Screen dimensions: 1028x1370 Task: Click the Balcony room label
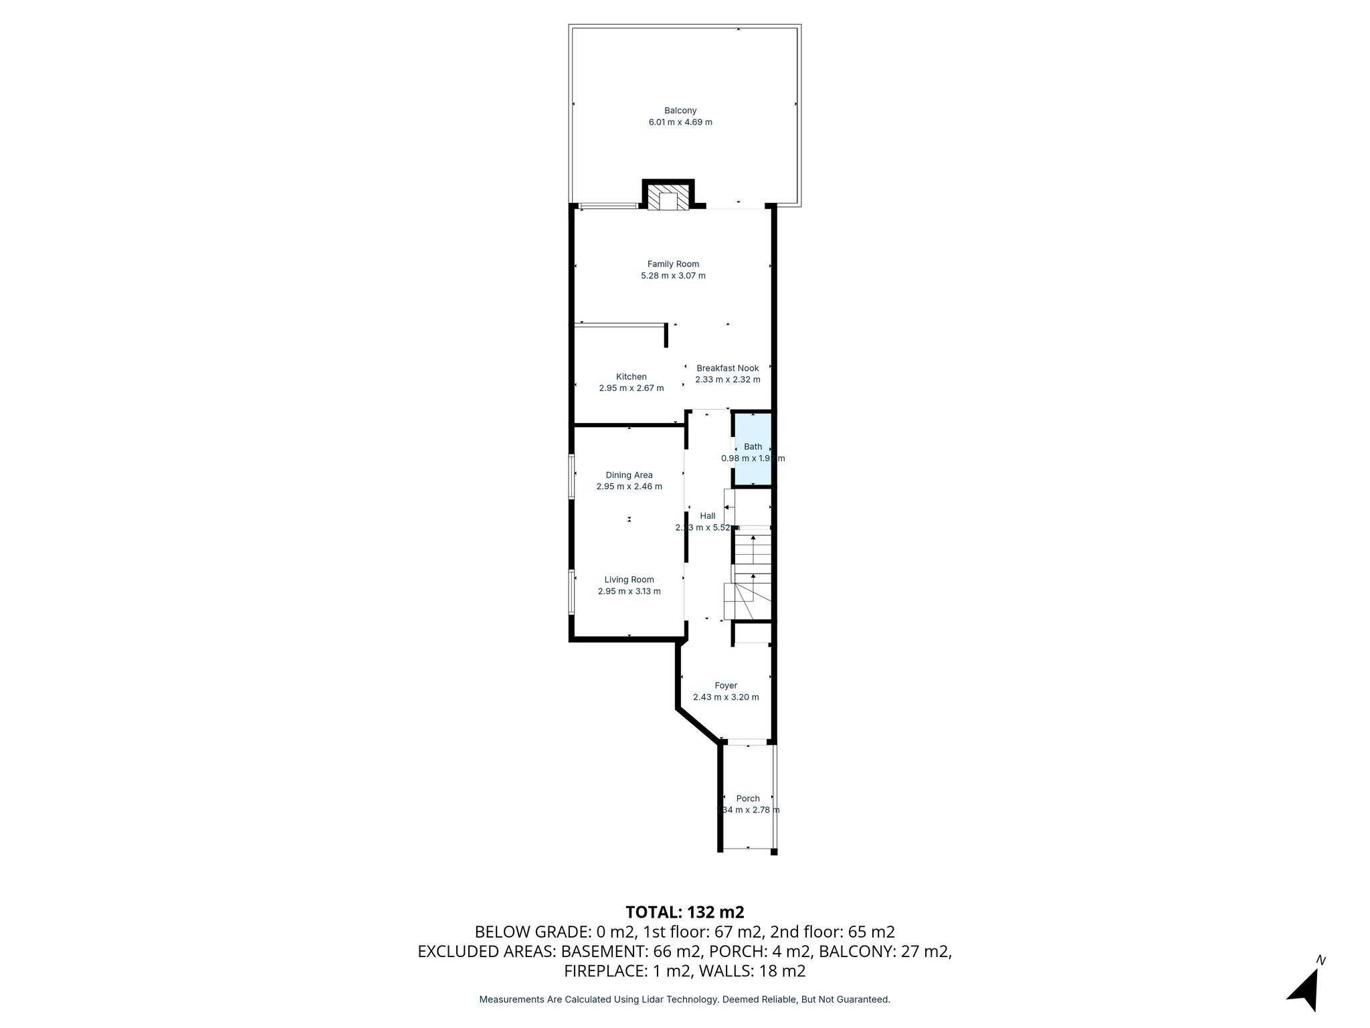[x=680, y=110]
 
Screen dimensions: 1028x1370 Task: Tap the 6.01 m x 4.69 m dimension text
[x=680, y=122]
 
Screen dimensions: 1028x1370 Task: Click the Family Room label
[x=673, y=264]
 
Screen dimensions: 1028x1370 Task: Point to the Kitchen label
[x=631, y=377]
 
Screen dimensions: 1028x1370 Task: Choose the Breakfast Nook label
[x=728, y=368]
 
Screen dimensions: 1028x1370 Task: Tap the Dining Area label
[x=629, y=475]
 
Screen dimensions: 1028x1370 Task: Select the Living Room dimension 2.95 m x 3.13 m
[x=629, y=592]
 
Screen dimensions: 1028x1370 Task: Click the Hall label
[x=708, y=516]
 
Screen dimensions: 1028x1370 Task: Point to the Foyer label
[x=726, y=685]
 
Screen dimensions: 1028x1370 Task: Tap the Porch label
[x=748, y=798]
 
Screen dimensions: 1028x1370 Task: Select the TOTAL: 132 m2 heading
[x=684, y=912]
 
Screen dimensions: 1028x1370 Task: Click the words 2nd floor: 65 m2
[x=832, y=932]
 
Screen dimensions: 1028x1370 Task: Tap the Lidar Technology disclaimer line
[x=684, y=999]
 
